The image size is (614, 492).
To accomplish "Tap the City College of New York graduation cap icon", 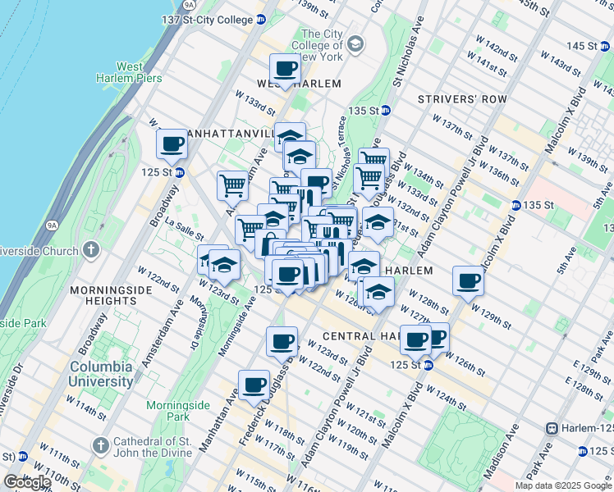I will point(355,43).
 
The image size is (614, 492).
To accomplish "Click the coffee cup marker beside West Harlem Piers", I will point(172,145).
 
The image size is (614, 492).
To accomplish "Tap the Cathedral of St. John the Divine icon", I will point(100,445).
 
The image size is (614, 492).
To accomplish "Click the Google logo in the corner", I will point(27,481).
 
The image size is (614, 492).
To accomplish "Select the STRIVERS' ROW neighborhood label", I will point(452,99).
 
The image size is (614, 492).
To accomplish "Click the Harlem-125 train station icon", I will point(553,428).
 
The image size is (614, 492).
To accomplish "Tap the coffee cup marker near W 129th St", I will point(469,282).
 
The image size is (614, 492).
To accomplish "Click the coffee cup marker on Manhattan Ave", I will point(254,385).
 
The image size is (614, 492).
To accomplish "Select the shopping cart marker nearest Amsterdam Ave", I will point(232,187).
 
